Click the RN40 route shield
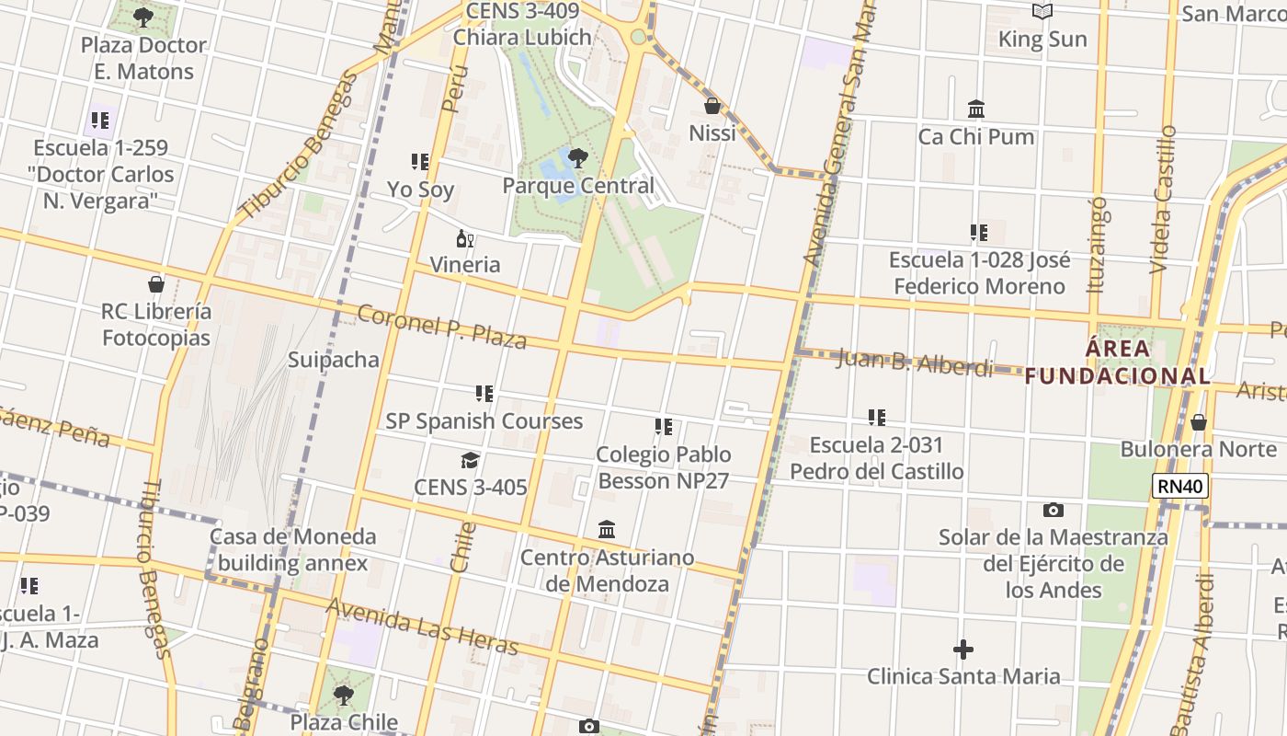click(x=1180, y=486)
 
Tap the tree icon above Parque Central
click(x=578, y=158)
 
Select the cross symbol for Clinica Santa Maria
click(x=963, y=650)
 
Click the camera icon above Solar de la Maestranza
click(x=1054, y=510)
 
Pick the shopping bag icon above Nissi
click(x=712, y=106)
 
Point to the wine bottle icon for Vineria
click(x=465, y=239)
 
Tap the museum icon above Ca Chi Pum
click(x=976, y=109)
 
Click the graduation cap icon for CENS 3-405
click(x=471, y=460)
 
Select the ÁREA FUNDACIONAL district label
click(x=1117, y=362)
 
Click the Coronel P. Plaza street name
click(x=441, y=327)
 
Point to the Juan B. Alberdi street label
click(x=915, y=362)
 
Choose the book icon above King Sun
click(x=1042, y=12)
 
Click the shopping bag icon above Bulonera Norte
click(x=1198, y=422)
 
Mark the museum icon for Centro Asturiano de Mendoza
click(x=607, y=530)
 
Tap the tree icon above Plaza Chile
click(x=343, y=695)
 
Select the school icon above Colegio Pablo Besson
click(x=664, y=427)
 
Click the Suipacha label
click(x=334, y=359)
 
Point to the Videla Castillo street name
click(x=1163, y=199)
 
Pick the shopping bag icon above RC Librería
click(x=156, y=284)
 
